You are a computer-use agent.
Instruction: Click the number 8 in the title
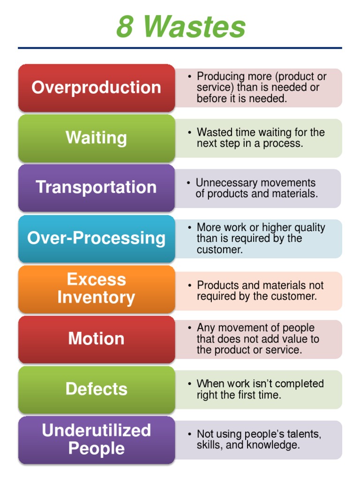(x=125, y=27)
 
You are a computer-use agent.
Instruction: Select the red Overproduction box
(x=96, y=88)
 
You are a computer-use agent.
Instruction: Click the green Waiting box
(x=96, y=138)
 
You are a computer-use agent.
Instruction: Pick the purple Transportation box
(x=96, y=187)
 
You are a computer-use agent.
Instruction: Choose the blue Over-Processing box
(x=96, y=238)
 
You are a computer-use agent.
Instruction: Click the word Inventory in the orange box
(x=96, y=298)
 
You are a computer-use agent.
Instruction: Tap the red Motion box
(x=96, y=338)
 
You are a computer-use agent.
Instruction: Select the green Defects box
(x=96, y=389)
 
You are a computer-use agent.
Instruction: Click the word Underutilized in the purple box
(x=96, y=430)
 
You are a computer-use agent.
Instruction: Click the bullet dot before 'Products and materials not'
(x=189, y=285)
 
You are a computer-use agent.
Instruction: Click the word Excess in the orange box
(x=96, y=279)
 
